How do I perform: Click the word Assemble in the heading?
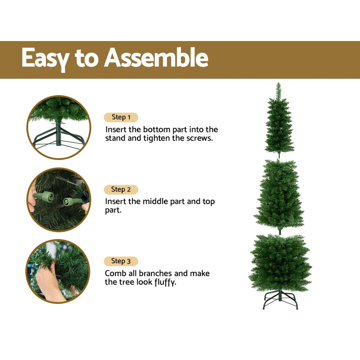pos(156,58)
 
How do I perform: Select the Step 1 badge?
pos(121,117)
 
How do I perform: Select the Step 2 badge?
pos(121,189)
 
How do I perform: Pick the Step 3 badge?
pos(121,261)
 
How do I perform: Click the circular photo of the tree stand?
pos(59,127)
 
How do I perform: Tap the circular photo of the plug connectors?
pos(59,199)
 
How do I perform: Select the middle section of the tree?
pos(279,196)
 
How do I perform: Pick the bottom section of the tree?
pos(280,263)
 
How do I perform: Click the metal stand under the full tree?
pos(280,300)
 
